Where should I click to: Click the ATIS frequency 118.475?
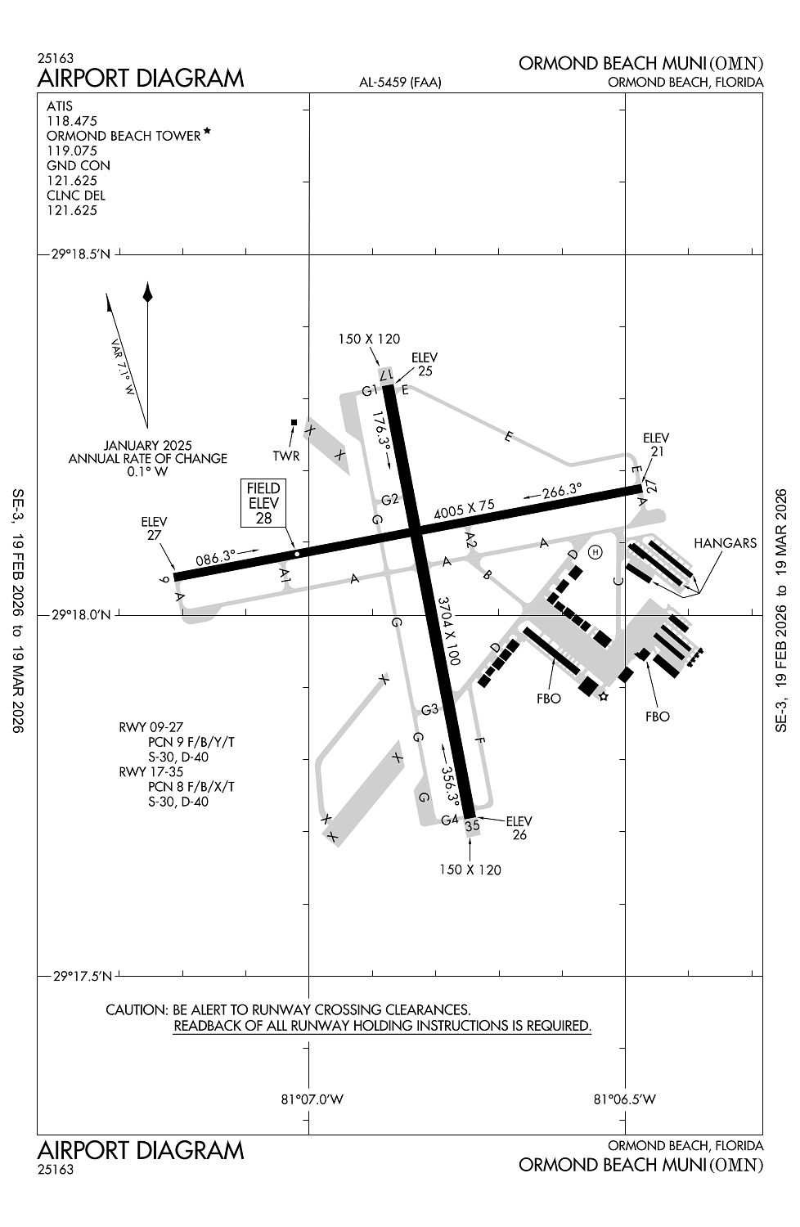[x=71, y=121]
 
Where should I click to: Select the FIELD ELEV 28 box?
[x=263, y=503]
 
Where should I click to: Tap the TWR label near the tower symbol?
[x=286, y=456]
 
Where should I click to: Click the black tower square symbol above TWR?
[x=294, y=422]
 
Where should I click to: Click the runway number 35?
[x=472, y=826]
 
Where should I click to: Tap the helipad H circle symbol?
[x=596, y=552]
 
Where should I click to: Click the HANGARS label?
[x=725, y=543]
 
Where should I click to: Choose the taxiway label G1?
[x=371, y=390]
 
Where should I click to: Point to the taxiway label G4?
[x=449, y=820]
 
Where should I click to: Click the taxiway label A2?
[x=470, y=539]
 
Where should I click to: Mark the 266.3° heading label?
[x=561, y=492]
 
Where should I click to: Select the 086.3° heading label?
[x=216, y=558]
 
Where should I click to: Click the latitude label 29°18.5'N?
[x=81, y=254]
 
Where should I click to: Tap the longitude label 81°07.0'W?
[x=312, y=1099]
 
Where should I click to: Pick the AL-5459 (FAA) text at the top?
[x=400, y=83]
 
